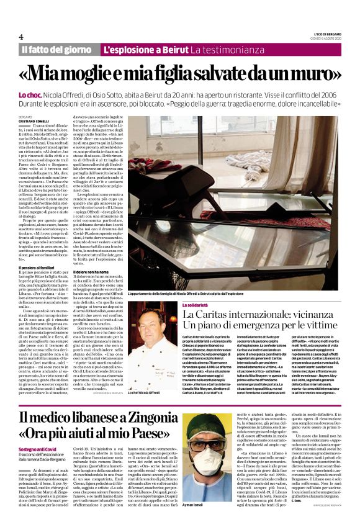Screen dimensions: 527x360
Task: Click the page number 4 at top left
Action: click(21, 36)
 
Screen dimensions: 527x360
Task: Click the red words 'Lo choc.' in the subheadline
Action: click(50, 94)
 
